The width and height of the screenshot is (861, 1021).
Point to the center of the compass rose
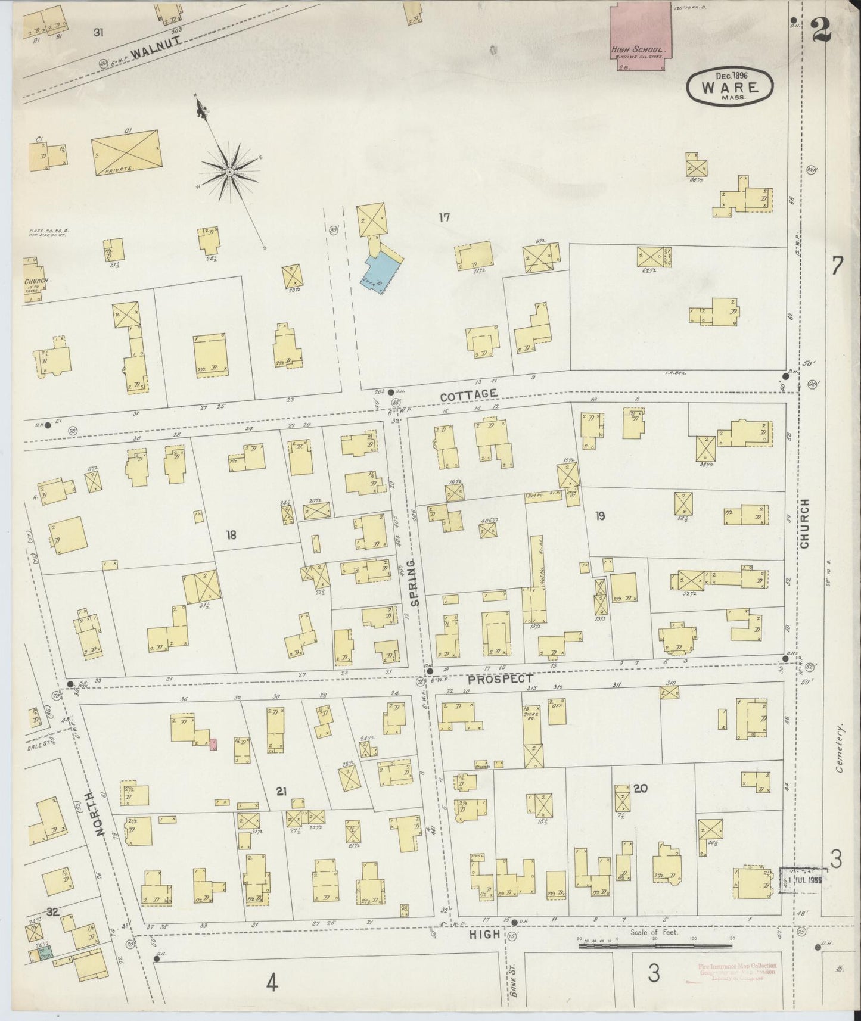coord(229,172)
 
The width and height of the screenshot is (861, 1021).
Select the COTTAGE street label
coord(469,395)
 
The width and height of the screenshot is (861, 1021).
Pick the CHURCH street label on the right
coord(804,524)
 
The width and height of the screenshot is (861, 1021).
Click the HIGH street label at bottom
coord(484,935)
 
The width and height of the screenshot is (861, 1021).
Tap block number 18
coord(231,535)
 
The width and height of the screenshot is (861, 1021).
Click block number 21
coord(282,791)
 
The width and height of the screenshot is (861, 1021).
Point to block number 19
coord(599,516)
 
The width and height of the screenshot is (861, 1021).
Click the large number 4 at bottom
coord(272,982)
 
